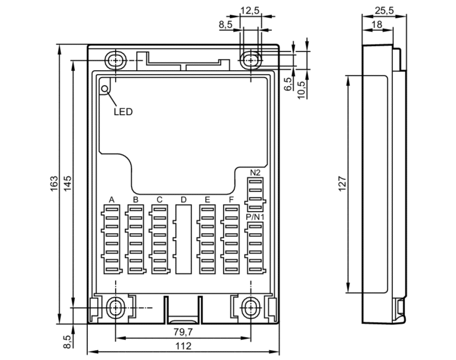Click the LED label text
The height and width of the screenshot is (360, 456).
click(x=123, y=112)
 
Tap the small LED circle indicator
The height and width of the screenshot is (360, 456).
click(x=104, y=89)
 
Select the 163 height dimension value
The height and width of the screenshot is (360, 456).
click(x=54, y=184)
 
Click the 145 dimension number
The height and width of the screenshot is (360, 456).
click(x=67, y=184)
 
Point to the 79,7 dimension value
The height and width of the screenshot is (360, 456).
click(x=183, y=332)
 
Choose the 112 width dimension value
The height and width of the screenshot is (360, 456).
click(x=183, y=346)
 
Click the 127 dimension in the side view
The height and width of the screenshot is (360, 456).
click(x=343, y=184)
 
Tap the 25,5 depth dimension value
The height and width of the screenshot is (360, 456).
click(x=384, y=10)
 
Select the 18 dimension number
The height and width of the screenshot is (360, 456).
click(x=377, y=25)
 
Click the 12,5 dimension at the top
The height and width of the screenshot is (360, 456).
click(x=250, y=10)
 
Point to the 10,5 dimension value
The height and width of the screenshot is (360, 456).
click(x=302, y=90)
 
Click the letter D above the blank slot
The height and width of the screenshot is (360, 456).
click(x=183, y=200)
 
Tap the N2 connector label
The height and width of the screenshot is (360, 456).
click(x=255, y=172)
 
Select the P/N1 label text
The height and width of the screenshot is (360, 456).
click(x=255, y=217)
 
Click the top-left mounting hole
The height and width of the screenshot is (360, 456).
click(x=116, y=60)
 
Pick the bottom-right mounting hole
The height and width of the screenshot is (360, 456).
click(x=251, y=308)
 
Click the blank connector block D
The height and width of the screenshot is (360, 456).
click(x=184, y=239)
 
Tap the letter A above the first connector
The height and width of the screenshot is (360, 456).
click(x=112, y=200)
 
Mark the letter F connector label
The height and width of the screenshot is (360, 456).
click(x=231, y=200)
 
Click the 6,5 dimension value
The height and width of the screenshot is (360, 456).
click(x=288, y=84)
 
